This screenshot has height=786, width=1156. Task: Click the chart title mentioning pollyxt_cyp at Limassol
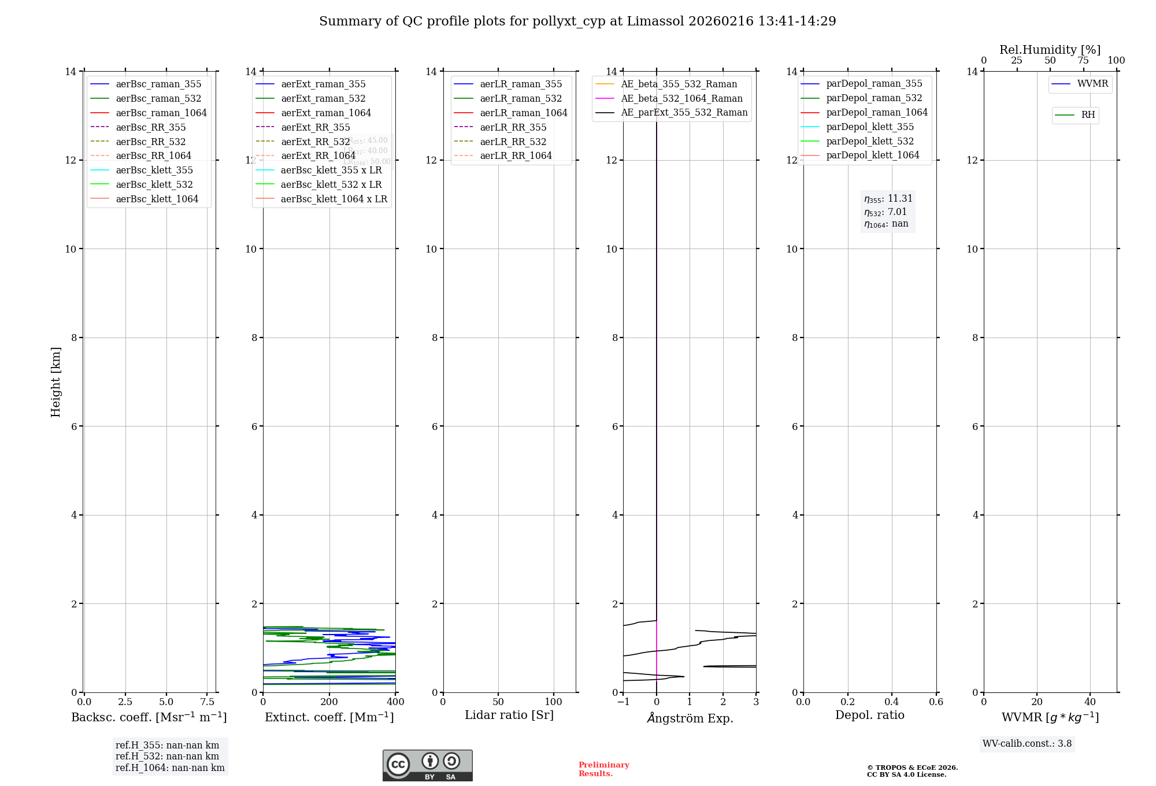(577, 21)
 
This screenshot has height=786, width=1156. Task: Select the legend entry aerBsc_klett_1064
(157, 199)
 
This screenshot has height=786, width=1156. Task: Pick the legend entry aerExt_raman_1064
(326, 113)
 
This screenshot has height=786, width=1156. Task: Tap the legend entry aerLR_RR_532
(513, 142)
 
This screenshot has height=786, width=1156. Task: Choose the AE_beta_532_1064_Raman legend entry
(681, 98)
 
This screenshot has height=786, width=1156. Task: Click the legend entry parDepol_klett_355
(870, 127)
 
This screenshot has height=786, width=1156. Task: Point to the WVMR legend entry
(1092, 84)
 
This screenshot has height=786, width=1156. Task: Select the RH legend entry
(1088, 115)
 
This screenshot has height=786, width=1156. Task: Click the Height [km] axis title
(55, 381)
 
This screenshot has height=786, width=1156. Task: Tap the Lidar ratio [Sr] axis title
(509, 715)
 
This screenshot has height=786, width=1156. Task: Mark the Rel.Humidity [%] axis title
(1050, 50)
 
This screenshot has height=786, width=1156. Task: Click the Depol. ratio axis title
(869, 715)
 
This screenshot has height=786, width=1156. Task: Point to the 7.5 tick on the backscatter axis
(208, 702)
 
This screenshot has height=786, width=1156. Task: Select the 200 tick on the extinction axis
(329, 702)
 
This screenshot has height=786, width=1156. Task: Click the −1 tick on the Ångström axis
(623, 702)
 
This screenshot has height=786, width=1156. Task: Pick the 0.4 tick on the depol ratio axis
(892, 702)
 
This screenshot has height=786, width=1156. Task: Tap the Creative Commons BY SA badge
(427, 765)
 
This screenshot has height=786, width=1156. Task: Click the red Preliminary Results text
(603, 769)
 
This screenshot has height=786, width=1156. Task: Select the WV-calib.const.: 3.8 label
(1027, 744)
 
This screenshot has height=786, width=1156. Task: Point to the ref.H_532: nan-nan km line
(167, 757)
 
